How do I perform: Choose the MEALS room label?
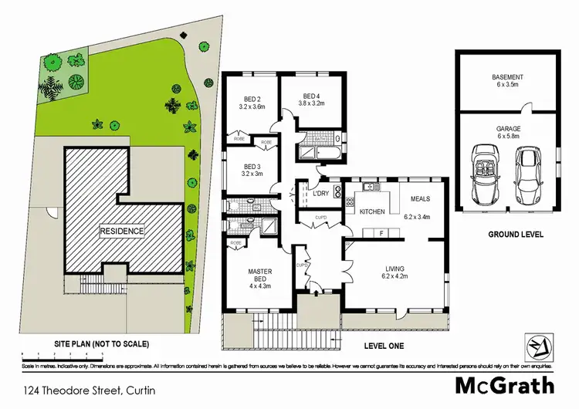pos(421,198)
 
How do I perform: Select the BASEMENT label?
pos(508,77)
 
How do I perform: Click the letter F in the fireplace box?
pos(381,232)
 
